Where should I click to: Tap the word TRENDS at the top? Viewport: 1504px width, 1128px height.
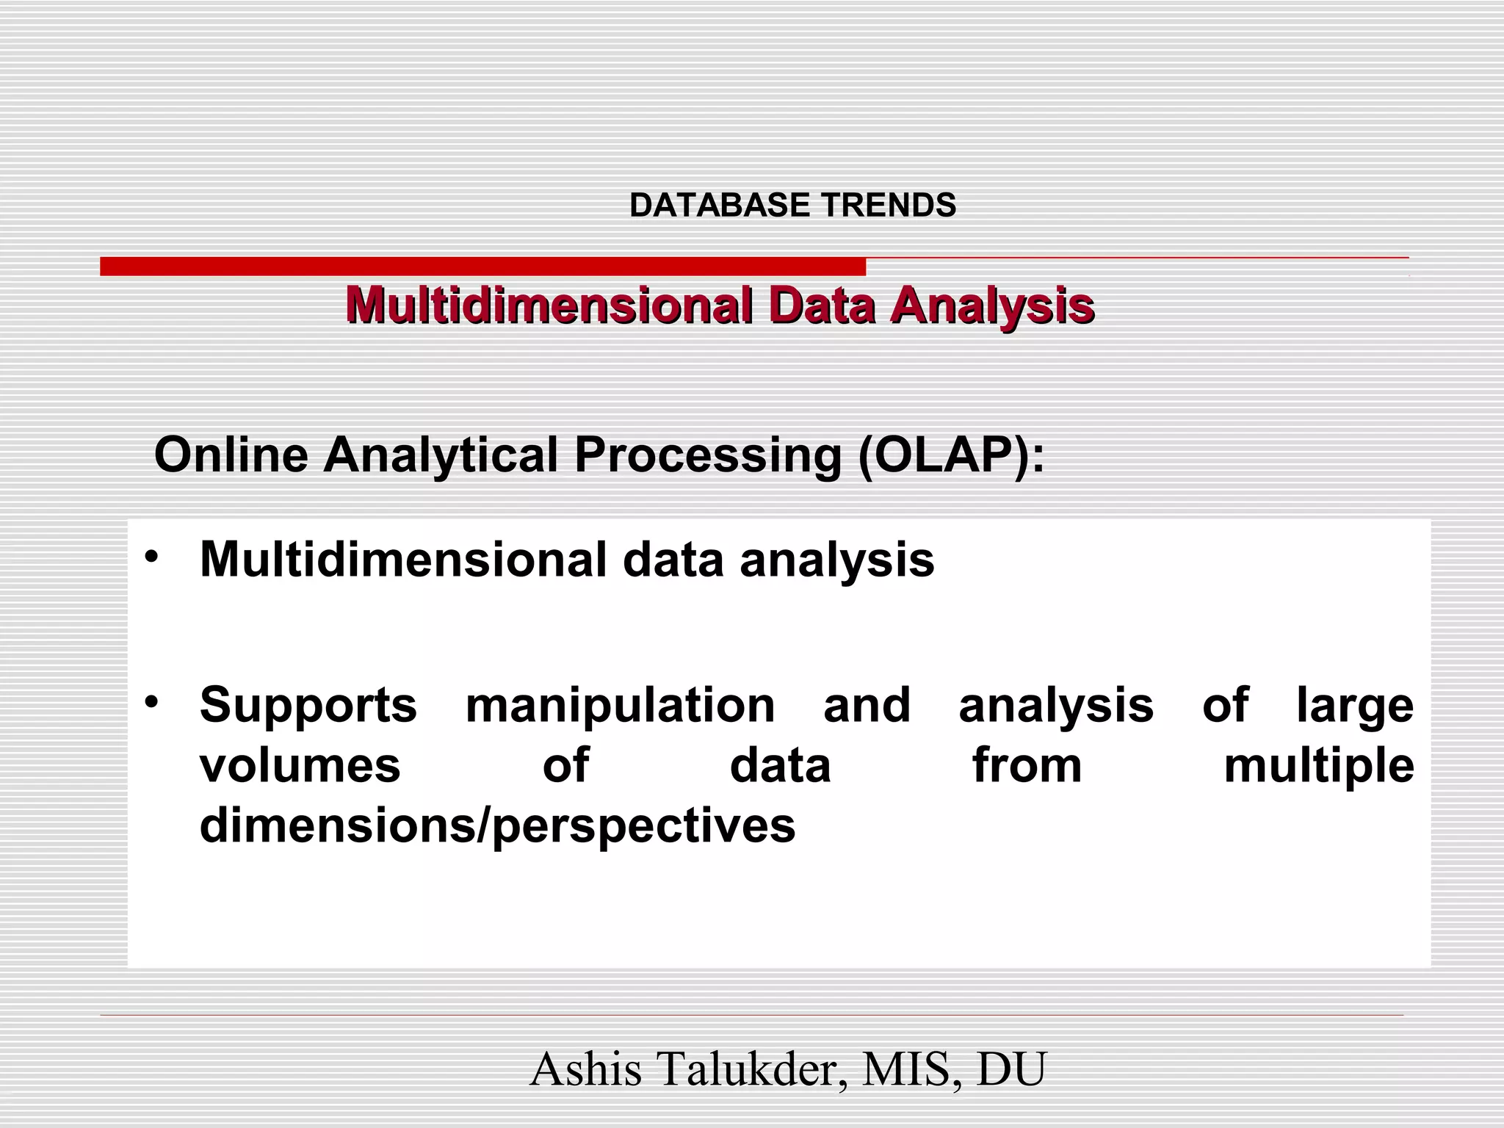[x=889, y=205]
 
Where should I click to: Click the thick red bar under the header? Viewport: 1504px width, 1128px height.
[x=482, y=267]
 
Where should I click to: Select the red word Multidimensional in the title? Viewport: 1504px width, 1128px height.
[x=549, y=305]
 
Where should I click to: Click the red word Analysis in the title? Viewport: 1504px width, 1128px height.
[x=991, y=305]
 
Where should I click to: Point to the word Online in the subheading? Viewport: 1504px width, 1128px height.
[x=231, y=455]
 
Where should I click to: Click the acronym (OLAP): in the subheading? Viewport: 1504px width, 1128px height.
[x=951, y=455]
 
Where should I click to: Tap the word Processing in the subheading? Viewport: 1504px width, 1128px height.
[x=708, y=455]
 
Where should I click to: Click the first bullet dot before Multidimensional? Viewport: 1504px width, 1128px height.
[x=151, y=557]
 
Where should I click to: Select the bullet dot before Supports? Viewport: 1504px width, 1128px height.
[x=151, y=702]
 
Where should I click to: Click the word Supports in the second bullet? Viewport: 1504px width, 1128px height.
[x=308, y=706]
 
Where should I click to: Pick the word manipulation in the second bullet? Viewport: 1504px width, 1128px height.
[x=621, y=706]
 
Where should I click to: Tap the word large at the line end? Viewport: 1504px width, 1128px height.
[x=1355, y=706]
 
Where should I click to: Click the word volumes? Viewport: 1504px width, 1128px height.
[x=300, y=765]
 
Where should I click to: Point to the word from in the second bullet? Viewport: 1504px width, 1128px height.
[x=1027, y=765]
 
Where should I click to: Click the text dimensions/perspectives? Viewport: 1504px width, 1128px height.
[x=497, y=826]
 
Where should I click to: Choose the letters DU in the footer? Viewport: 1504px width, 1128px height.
[x=1010, y=1069]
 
